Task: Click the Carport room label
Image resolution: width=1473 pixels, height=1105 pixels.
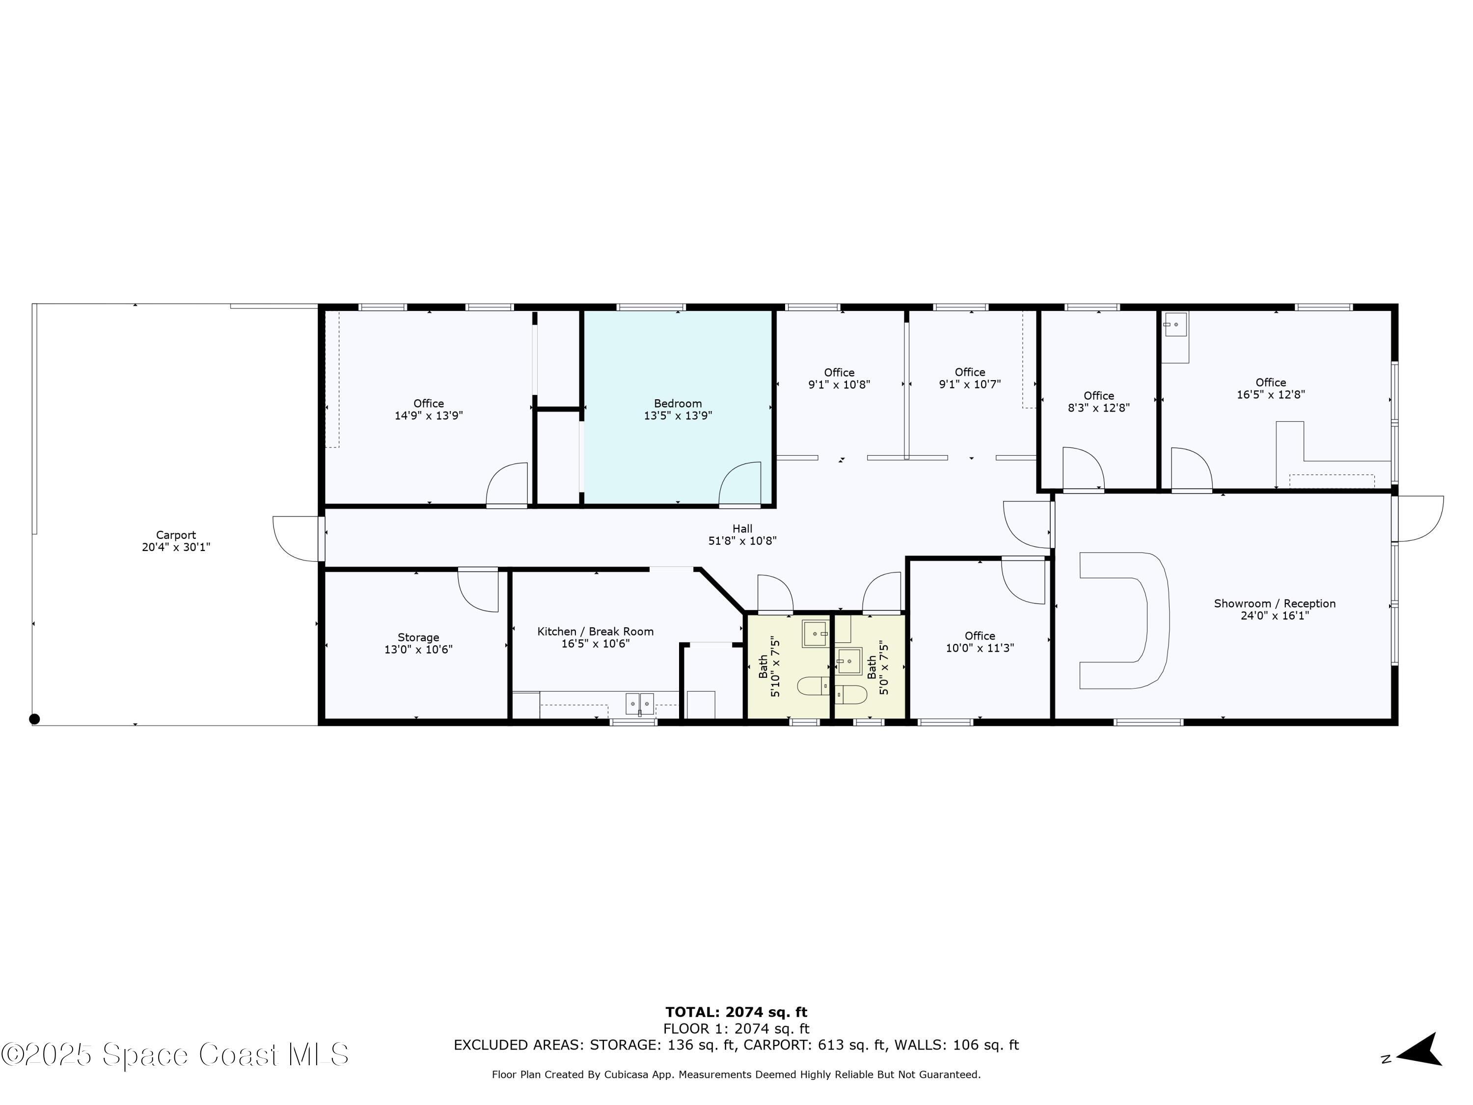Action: pyautogui.click(x=176, y=535)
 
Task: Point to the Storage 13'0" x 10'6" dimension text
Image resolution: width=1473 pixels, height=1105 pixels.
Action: pyautogui.click(x=418, y=649)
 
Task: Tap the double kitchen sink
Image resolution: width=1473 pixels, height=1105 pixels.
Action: pyautogui.click(x=639, y=703)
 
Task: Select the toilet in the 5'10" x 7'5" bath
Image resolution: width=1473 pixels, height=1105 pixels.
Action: pyautogui.click(x=813, y=686)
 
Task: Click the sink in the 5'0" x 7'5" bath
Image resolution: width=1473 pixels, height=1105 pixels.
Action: pyautogui.click(x=849, y=661)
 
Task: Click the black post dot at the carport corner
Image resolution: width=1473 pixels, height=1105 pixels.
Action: pyautogui.click(x=35, y=718)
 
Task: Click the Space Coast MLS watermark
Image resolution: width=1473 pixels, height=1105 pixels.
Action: pyautogui.click(x=174, y=1054)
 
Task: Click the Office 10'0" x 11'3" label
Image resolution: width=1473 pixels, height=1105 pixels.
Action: pyautogui.click(x=980, y=642)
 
